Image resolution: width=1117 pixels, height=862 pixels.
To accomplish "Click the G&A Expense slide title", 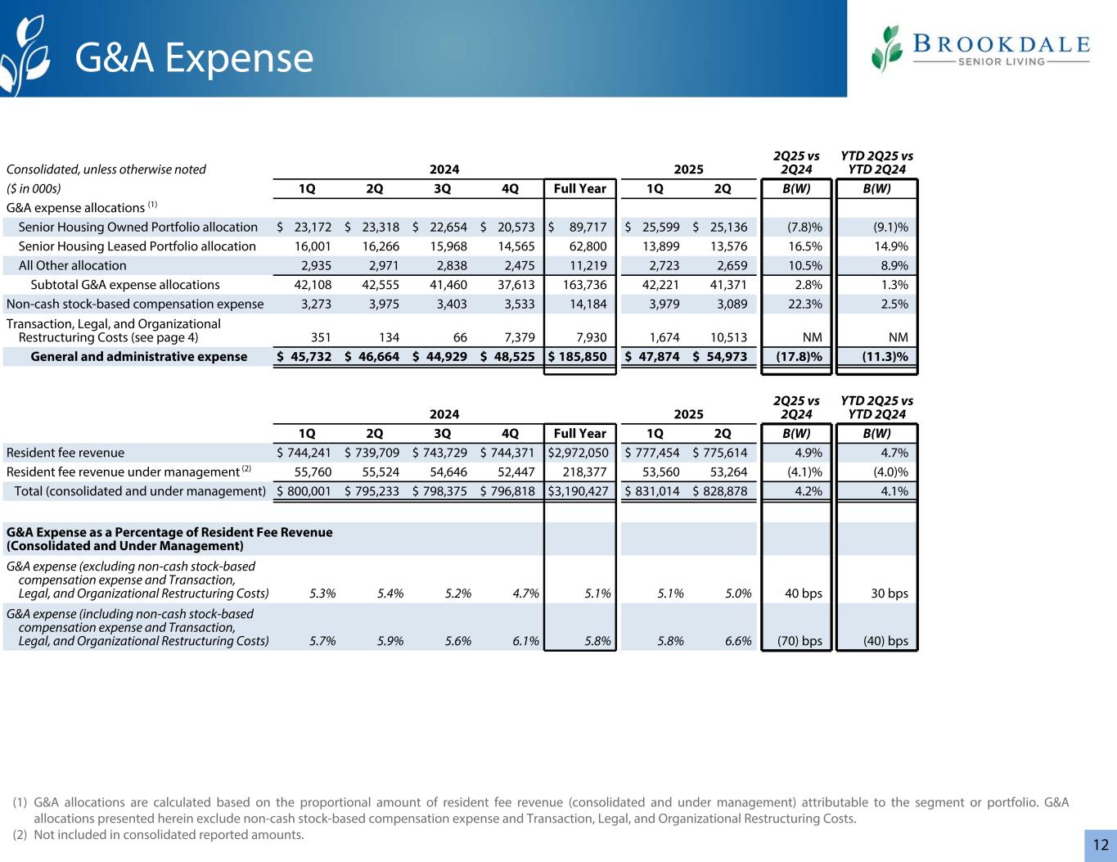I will [x=194, y=58].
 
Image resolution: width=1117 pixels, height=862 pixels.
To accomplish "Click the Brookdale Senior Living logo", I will [x=980, y=49].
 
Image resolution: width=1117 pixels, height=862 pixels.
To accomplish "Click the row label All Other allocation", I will [x=72, y=265].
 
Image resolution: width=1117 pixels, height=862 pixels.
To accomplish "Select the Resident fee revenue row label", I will [x=65, y=453].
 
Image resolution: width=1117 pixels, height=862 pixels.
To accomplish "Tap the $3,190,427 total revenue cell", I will [x=580, y=491].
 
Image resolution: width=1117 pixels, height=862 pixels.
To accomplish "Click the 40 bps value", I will [x=803, y=593].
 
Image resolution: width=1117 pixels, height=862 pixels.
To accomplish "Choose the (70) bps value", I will [x=798, y=640].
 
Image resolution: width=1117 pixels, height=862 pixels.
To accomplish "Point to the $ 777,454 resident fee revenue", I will [x=651, y=453].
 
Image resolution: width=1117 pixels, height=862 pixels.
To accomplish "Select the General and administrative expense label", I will [x=138, y=356].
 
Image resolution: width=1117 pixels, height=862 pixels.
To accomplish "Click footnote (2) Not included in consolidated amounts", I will [x=159, y=835].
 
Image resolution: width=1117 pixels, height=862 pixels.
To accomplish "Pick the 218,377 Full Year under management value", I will [x=583, y=472].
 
